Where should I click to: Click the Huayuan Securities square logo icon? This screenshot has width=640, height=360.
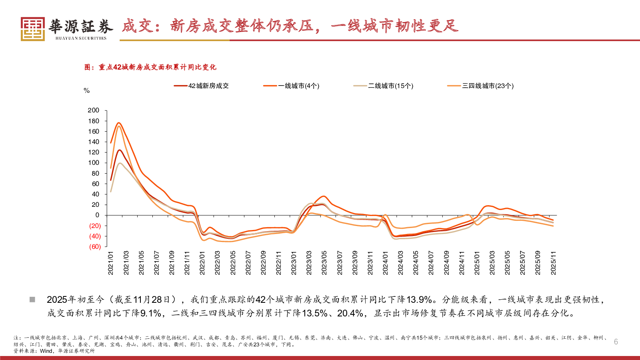(33, 29)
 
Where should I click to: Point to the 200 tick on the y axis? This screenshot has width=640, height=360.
(94, 110)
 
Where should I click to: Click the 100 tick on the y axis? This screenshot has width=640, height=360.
(94, 163)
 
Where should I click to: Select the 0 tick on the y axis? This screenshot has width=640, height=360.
(97, 215)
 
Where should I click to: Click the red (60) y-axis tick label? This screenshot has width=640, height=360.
(95, 247)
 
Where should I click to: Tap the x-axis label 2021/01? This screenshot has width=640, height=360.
(111, 263)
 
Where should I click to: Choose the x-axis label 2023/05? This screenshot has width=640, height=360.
(324, 263)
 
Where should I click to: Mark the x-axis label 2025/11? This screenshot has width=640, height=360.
(554, 263)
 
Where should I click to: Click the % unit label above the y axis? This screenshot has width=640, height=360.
(87, 91)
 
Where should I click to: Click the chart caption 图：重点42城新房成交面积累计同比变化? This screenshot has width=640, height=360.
(150, 67)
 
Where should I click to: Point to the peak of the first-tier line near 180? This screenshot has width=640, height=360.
(119, 123)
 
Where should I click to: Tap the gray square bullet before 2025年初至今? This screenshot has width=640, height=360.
(32, 300)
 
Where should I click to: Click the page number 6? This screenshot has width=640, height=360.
(616, 342)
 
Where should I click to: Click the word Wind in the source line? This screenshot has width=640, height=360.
(46, 351)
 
